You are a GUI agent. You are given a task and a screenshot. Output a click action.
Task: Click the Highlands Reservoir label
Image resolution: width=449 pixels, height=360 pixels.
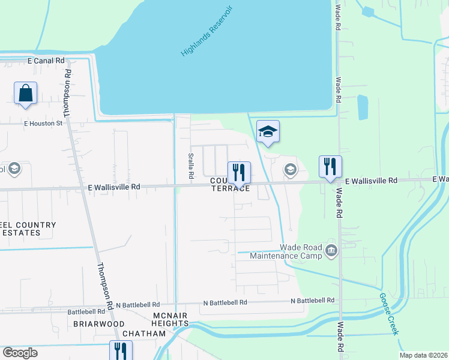[206, 31]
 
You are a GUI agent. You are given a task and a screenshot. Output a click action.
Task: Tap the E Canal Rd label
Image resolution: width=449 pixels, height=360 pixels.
[46, 61]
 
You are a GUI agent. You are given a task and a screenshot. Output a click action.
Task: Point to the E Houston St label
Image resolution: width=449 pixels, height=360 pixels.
[43, 124]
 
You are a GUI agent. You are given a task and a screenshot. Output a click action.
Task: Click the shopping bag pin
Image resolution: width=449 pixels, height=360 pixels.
[25, 94]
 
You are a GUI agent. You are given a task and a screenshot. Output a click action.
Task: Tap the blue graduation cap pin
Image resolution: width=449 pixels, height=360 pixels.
[268, 132]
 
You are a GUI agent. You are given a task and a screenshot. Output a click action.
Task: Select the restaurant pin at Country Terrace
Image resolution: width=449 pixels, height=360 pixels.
[239, 173]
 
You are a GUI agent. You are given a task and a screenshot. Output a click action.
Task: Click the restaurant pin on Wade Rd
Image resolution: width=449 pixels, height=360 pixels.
[330, 167]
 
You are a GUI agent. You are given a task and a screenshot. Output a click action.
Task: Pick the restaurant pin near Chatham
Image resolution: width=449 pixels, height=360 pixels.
[121, 350]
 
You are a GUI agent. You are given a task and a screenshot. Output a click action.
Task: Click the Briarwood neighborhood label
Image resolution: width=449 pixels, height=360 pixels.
[90, 323]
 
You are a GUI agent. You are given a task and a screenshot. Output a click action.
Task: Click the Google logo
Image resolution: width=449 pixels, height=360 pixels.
[20, 353]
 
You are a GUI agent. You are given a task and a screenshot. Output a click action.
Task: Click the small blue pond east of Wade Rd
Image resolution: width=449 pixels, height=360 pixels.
[363, 108]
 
